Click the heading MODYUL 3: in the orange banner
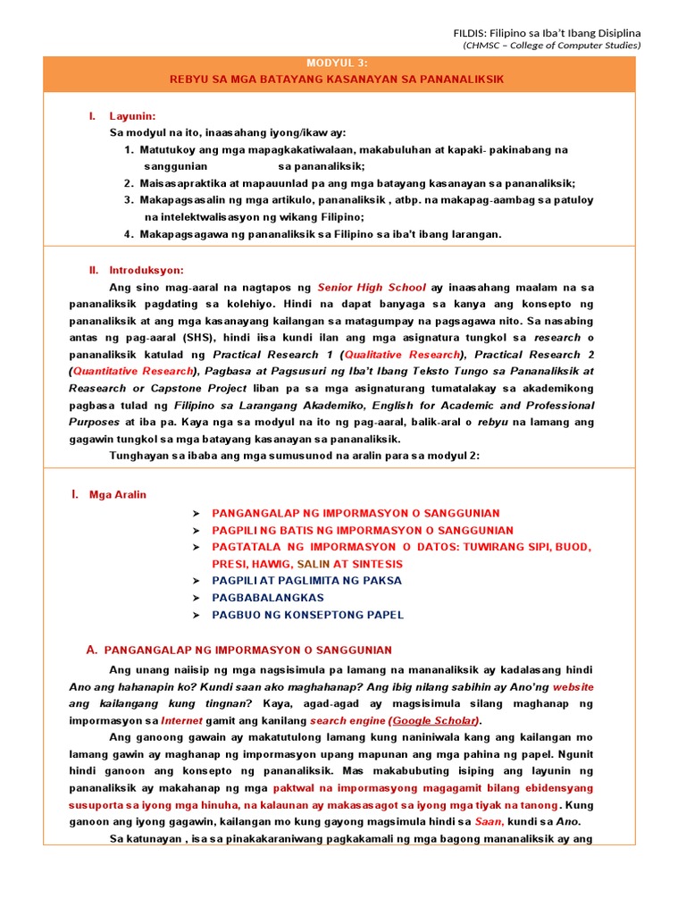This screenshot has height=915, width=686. [x=337, y=63]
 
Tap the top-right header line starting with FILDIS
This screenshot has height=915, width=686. [x=548, y=33]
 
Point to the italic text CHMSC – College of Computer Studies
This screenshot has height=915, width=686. [x=551, y=46]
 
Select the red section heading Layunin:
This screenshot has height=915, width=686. [x=132, y=116]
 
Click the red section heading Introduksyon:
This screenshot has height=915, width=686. [x=146, y=270]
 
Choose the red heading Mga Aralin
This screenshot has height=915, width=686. [x=118, y=495]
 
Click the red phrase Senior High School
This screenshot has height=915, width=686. [x=372, y=288]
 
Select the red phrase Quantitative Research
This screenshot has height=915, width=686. [x=133, y=371]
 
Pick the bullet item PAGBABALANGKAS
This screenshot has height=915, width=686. [x=268, y=598]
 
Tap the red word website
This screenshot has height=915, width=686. [x=573, y=687]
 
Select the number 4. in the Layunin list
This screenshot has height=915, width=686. [x=130, y=234]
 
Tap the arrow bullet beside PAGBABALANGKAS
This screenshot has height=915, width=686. [x=195, y=598]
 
